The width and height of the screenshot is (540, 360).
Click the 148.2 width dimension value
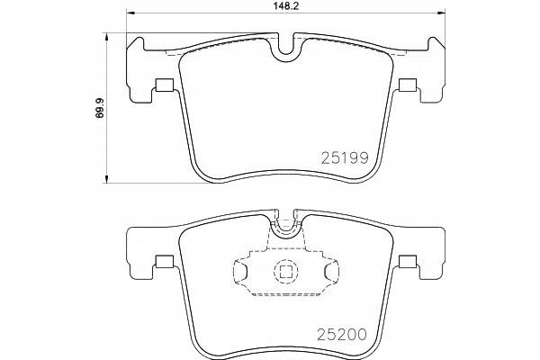(x=285, y=6)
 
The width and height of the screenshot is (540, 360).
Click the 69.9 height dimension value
(x=100, y=108)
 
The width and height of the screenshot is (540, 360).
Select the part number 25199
(x=345, y=158)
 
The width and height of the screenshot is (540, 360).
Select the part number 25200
(x=342, y=335)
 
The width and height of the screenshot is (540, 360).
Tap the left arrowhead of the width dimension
(x=131, y=13)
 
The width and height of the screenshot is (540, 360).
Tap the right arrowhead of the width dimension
(x=441, y=13)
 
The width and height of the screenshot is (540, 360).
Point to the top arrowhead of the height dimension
(x=106, y=37)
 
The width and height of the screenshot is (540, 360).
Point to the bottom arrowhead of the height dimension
(x=106, y=179)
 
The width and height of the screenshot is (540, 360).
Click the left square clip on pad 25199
(x=165, y=85)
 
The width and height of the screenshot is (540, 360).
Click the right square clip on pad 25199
(x=408, y=85)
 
